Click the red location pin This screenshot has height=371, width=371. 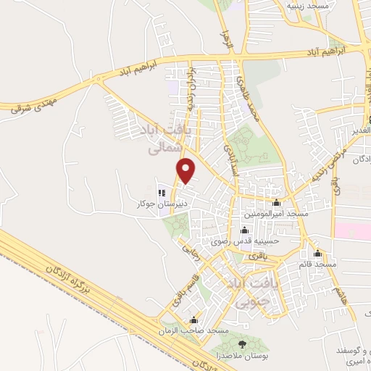[187, 170]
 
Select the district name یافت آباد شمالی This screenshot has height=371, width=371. [162, 138]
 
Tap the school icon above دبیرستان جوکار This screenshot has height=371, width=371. [162, 193]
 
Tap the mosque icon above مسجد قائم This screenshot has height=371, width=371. [317, 254]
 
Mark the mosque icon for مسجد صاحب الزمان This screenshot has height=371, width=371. [193, 320]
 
